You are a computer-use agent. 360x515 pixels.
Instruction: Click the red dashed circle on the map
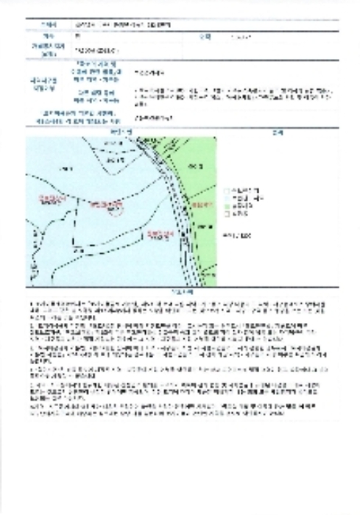click(112, 213)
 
